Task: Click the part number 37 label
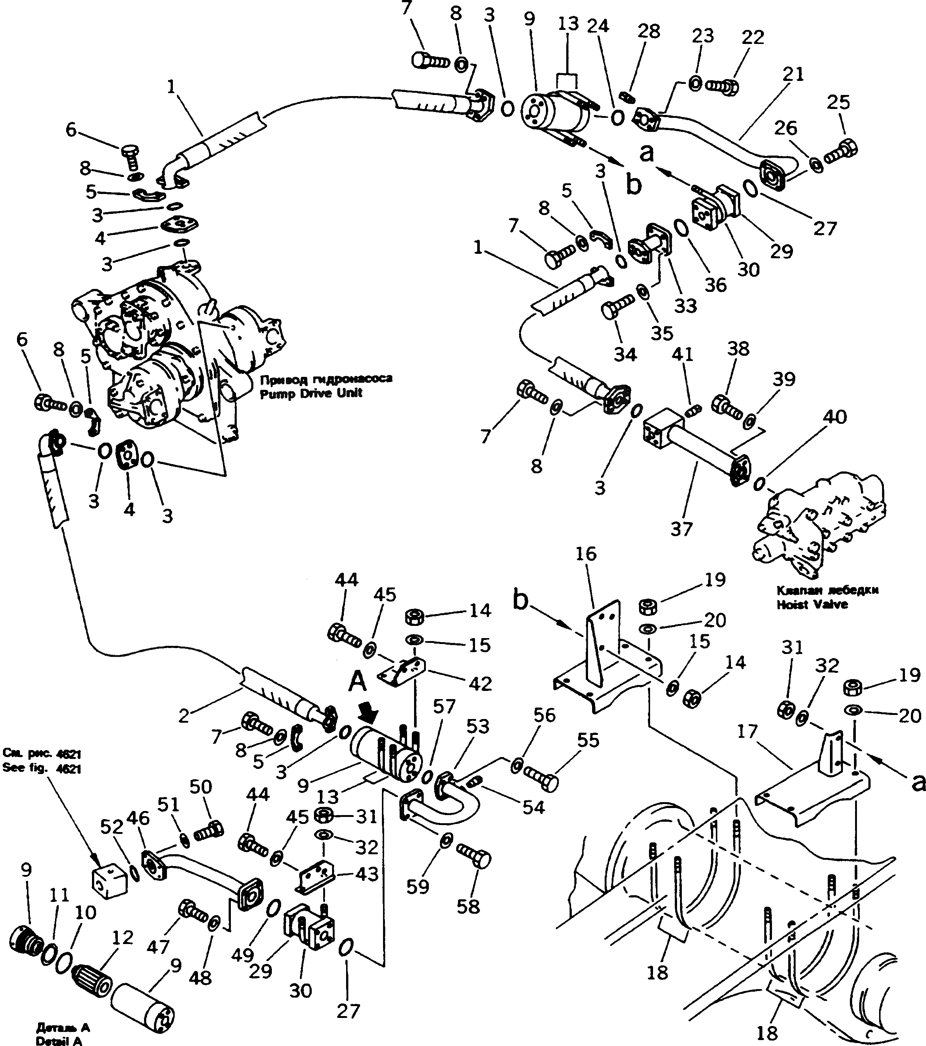click(681, 529)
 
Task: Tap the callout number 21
click(793, 75)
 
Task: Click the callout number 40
click(834, 417)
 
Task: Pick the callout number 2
click(184, 716)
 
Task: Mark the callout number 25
click(838, 102)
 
